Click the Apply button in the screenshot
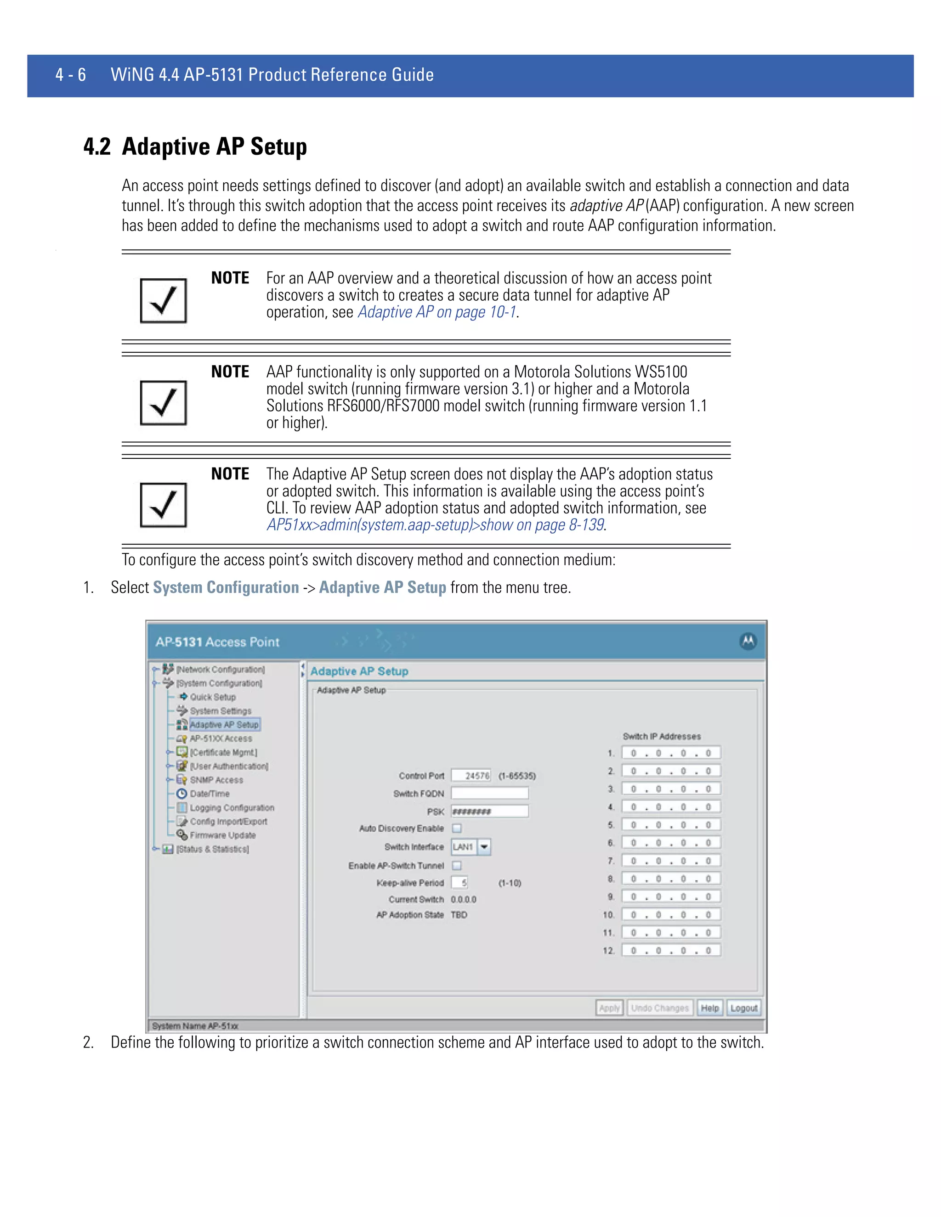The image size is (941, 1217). [x=609, y=1008]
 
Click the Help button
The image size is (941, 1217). [x=709, y=1008]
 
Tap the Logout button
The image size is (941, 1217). [x=744, y=1008]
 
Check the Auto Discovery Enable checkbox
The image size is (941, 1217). [x=457, y=828]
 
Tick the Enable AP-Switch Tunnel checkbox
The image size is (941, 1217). [x=457, y=865]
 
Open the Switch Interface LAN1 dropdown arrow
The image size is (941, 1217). [x=484, y=847]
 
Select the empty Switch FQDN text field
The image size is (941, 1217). [x=489, y=793]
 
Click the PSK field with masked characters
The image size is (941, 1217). [x=489, y=811]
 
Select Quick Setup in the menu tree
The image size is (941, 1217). [x=212, y=697]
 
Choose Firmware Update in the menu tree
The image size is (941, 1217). [x=222, y=835]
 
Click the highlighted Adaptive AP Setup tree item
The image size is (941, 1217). [x=224, y=724]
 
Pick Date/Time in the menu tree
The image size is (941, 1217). [x=209, y=794]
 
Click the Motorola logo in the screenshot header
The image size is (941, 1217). [x=748, y=642]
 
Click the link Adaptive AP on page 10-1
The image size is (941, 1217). [x=436, y=312]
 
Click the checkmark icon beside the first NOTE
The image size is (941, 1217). [x=163, y=300]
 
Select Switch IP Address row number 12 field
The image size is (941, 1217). [x=671, y=950]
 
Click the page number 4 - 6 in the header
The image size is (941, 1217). [x=71, y=75]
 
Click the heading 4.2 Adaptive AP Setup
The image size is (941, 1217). [x=195, y=146]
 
